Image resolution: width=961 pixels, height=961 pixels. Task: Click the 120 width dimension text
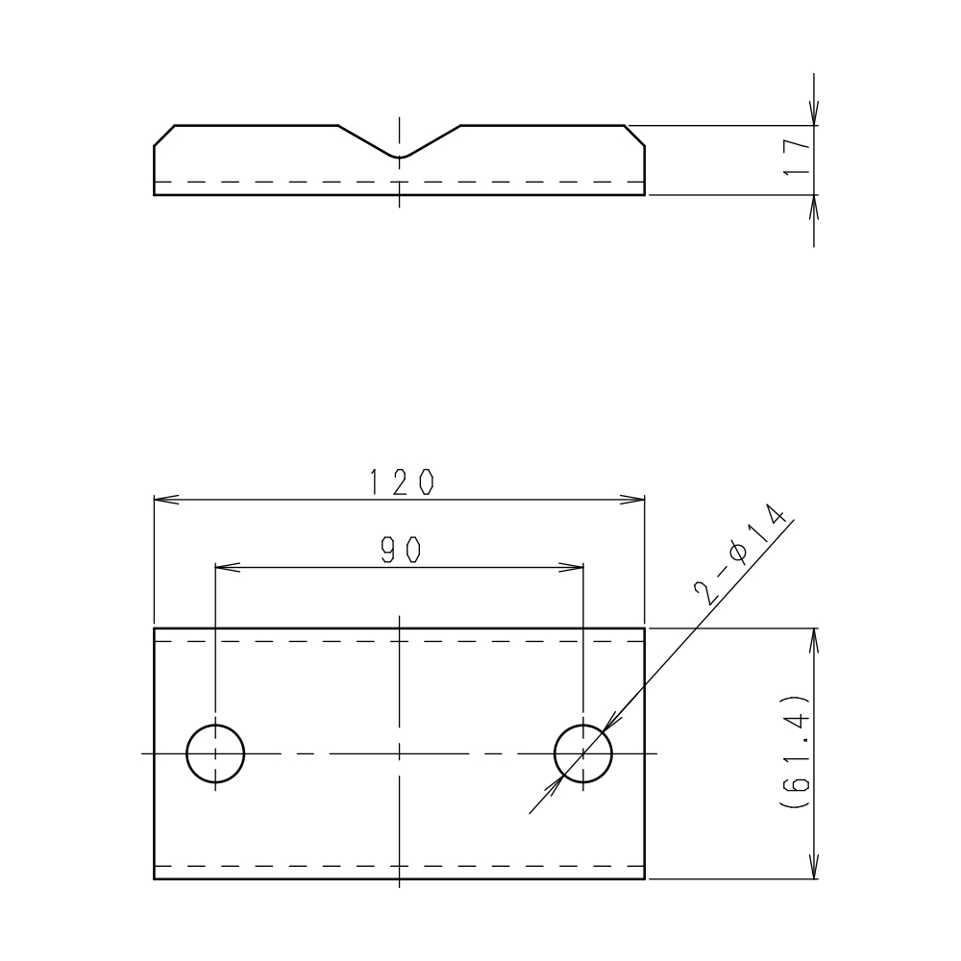(x=400, y=482)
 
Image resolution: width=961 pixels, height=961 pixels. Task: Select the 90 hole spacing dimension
(x=400, y=550)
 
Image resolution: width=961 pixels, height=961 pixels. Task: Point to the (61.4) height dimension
(x=797, y=752)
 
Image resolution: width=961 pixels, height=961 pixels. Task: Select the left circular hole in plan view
(x=215, y=753)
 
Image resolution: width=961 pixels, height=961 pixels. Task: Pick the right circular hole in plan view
(x=583, y=753)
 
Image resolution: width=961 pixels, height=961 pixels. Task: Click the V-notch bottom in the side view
(x=400, y=157)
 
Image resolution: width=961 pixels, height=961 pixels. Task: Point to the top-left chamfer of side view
(x=163, y=136)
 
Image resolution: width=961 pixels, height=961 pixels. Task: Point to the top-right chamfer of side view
(x=635, y=136)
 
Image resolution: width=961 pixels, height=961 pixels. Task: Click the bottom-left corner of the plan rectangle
(x=155, y=878)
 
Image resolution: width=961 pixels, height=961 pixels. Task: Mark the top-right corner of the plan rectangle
(x=644, y=628)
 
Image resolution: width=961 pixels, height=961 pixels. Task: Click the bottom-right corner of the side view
(x=644, y=194)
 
